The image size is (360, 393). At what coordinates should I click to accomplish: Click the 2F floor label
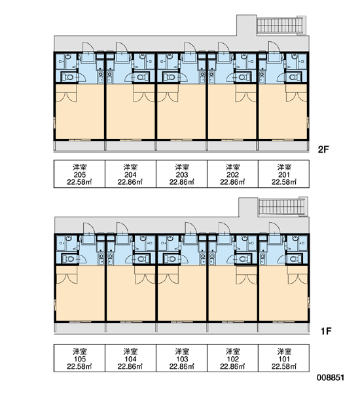(x=323, y=149)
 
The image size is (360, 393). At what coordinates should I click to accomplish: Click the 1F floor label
(x=326, y=331)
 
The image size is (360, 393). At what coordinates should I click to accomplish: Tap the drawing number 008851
(x=331, y=377)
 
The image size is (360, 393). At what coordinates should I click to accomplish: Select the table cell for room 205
(x=79, y=174)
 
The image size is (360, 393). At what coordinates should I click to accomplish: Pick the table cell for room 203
(x=181, y=174)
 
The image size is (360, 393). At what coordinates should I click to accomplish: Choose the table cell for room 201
(x=283, y=174)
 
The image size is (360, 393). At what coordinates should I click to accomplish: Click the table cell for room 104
(x=130, y=358)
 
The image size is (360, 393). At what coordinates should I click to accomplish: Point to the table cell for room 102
(x=233, y=358)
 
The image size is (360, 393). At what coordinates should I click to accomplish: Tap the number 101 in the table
(x=284, y=359)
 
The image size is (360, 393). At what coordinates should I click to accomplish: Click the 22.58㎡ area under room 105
(x=79, y=367)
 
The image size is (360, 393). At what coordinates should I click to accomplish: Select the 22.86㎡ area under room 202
(x=232, y=182)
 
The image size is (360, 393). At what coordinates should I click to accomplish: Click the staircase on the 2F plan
(x=281, y=25)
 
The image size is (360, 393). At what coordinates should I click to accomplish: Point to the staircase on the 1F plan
(x=283, y=206)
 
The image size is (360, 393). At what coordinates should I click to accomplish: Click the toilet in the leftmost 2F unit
(x=67, y=77)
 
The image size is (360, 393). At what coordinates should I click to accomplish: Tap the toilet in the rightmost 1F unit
(x=295, y=258)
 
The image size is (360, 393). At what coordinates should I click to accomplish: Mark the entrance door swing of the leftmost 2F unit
(x=88, y=47)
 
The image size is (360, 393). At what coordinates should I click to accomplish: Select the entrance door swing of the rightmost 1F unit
(x=274, y=228)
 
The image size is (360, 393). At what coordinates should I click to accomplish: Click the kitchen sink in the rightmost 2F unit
(x=262, y=77)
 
